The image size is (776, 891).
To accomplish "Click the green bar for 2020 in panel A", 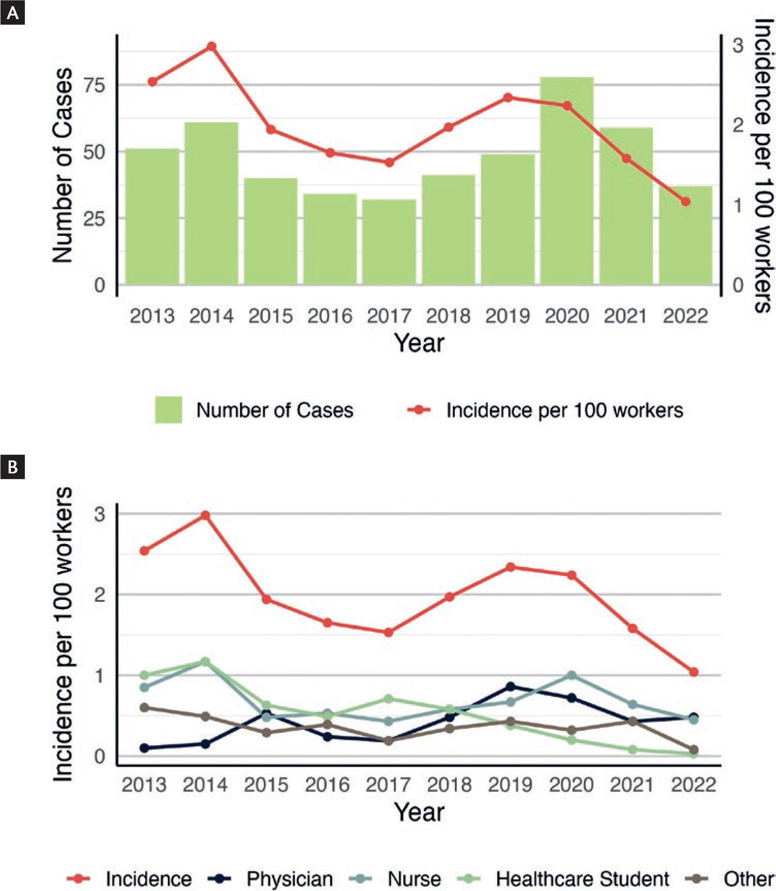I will (567, 181).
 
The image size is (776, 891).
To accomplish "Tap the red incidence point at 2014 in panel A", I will (211, 46).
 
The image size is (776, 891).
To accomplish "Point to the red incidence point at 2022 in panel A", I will (685, 202).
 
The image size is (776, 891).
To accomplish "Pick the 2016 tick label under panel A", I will (330, 316).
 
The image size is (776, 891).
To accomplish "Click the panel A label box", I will (12, 12).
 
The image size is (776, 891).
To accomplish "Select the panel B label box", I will (12, 467).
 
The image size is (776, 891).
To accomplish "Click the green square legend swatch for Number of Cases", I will (168, 410).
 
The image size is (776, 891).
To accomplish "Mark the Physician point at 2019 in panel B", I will (511, 687).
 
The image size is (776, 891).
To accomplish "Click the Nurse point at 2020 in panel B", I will (572, 675).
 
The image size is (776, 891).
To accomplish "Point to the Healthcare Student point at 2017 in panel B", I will (389, 699).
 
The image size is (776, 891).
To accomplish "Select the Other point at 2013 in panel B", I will (145, 708).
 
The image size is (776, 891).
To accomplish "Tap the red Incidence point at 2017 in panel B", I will (389, 632).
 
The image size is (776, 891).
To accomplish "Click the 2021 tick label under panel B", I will (632, 785).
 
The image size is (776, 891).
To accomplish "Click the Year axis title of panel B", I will (419, 812).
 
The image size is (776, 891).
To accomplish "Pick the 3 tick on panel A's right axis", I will (738, 45).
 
